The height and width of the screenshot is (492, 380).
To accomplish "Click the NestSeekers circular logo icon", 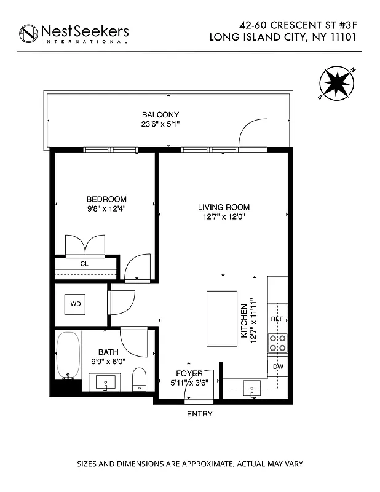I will (28, 33).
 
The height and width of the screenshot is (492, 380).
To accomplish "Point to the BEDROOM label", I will (106, 199).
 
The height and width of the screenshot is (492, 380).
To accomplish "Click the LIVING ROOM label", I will (224, 207).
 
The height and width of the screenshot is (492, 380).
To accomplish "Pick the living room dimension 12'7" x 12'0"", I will (224, 216).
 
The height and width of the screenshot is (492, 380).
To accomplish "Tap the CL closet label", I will (84, 264).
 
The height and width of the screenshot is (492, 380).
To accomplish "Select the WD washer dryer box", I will (76, 304).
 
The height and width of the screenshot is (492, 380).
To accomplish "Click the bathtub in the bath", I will (67, 355).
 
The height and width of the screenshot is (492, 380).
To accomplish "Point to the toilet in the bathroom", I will (139, 379).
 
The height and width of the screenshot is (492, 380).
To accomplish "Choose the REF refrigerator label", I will (277, 319).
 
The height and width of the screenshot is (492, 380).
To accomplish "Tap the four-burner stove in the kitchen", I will (277, 343).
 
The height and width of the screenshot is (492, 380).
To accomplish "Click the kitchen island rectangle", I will (223, 318).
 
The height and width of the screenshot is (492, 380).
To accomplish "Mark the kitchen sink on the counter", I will (252, 387).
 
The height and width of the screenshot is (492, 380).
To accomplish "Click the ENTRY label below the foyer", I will (199, 414).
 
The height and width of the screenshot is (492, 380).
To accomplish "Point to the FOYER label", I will (189, 373).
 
